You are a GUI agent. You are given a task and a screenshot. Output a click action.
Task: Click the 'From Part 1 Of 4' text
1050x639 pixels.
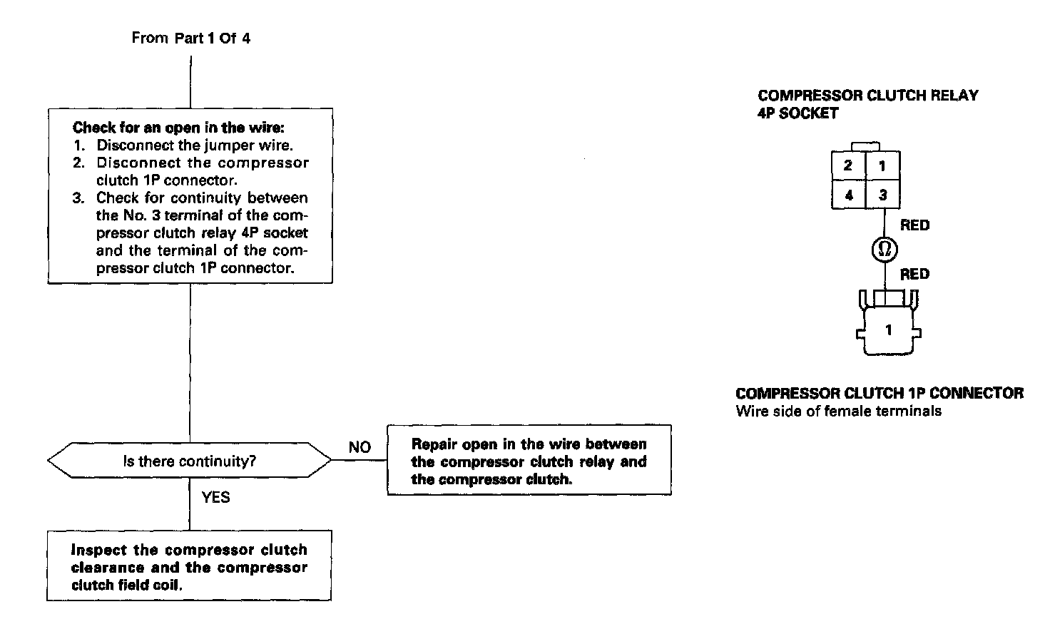190,38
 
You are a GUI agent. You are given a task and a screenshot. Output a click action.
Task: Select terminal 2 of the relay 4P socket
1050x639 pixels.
848,166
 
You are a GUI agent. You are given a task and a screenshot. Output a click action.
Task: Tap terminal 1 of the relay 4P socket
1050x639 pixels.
882,166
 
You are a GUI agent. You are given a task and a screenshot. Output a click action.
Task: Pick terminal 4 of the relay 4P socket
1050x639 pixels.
848,194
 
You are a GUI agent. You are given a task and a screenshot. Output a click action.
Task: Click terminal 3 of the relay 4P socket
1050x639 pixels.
882,194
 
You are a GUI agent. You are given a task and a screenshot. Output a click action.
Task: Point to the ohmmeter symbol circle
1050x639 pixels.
885,249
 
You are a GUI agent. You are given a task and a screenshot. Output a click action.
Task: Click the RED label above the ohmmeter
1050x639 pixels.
914,225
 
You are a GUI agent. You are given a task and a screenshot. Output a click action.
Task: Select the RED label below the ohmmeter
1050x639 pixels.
914,275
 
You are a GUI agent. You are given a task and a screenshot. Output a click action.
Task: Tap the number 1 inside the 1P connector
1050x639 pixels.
888,330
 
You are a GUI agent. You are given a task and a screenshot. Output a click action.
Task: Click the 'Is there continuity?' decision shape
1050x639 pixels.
190,461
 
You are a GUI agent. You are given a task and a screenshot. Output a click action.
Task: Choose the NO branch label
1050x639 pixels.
360,447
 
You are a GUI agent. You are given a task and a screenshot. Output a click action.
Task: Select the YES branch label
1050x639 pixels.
215,497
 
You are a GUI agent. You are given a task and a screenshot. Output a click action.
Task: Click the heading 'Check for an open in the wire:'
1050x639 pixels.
178,128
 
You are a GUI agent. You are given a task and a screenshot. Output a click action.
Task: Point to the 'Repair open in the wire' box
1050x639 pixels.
529,461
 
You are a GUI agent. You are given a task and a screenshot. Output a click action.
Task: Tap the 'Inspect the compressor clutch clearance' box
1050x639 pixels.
189,568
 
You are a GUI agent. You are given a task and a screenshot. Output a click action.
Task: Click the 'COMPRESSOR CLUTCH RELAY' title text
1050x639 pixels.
867,96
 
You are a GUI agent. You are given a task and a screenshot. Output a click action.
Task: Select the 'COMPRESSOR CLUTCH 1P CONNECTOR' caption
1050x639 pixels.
879,393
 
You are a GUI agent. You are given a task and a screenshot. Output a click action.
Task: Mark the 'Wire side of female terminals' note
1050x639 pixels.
838,411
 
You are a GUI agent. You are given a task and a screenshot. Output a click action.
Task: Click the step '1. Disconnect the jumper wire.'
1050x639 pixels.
183,145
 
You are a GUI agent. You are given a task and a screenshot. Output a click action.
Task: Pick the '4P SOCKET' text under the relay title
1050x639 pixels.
797,113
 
